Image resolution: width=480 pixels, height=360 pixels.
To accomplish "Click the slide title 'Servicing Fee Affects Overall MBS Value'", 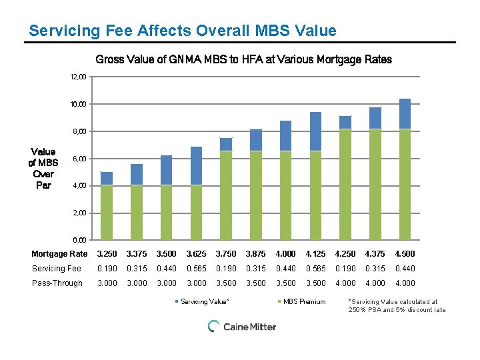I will click(183, 31).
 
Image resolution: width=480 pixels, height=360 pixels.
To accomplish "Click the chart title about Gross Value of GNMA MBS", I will click(243, 59).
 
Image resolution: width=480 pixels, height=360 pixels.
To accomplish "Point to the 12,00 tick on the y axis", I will click(79, 77).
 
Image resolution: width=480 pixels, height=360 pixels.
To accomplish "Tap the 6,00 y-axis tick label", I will click(79, 159).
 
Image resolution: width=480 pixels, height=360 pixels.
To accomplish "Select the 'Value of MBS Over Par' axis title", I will click(43, 168).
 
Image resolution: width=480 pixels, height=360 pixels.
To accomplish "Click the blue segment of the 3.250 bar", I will click(107, 178).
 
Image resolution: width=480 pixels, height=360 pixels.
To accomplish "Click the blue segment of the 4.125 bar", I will click(315, 131).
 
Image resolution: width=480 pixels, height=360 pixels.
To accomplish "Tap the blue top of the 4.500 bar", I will click(405, 113).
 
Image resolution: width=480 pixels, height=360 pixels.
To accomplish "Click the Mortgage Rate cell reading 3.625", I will click(196, 254).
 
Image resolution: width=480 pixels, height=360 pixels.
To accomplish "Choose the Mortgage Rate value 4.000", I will click(285, 254).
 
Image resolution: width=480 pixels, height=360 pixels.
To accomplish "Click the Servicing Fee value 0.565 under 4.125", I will click(315, 269).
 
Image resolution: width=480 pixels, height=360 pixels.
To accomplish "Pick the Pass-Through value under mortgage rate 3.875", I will click(255, 283).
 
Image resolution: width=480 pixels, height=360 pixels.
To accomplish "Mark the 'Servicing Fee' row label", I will click(57, 269).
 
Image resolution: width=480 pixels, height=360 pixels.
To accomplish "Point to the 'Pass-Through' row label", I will click(57, 283).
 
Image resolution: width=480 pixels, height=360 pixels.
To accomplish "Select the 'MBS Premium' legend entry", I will click(304, 302).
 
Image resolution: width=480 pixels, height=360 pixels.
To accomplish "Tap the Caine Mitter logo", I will click(241, 326).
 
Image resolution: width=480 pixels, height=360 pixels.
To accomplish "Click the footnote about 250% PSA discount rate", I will click(397, 306).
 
